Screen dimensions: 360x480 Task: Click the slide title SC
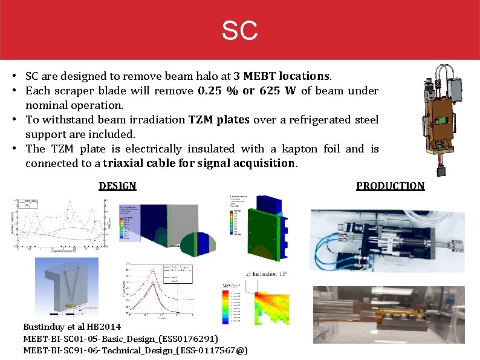pos(239,30)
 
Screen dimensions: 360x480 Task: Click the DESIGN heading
pos(117,186)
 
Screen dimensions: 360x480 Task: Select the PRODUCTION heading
pos(390,186)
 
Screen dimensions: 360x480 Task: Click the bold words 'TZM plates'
pos(219,120)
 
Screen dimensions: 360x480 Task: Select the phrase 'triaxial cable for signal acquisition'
pos(199,163)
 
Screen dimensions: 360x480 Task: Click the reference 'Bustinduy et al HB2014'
pos(72,327)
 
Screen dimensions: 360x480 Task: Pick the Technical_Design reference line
pos(135,350)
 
